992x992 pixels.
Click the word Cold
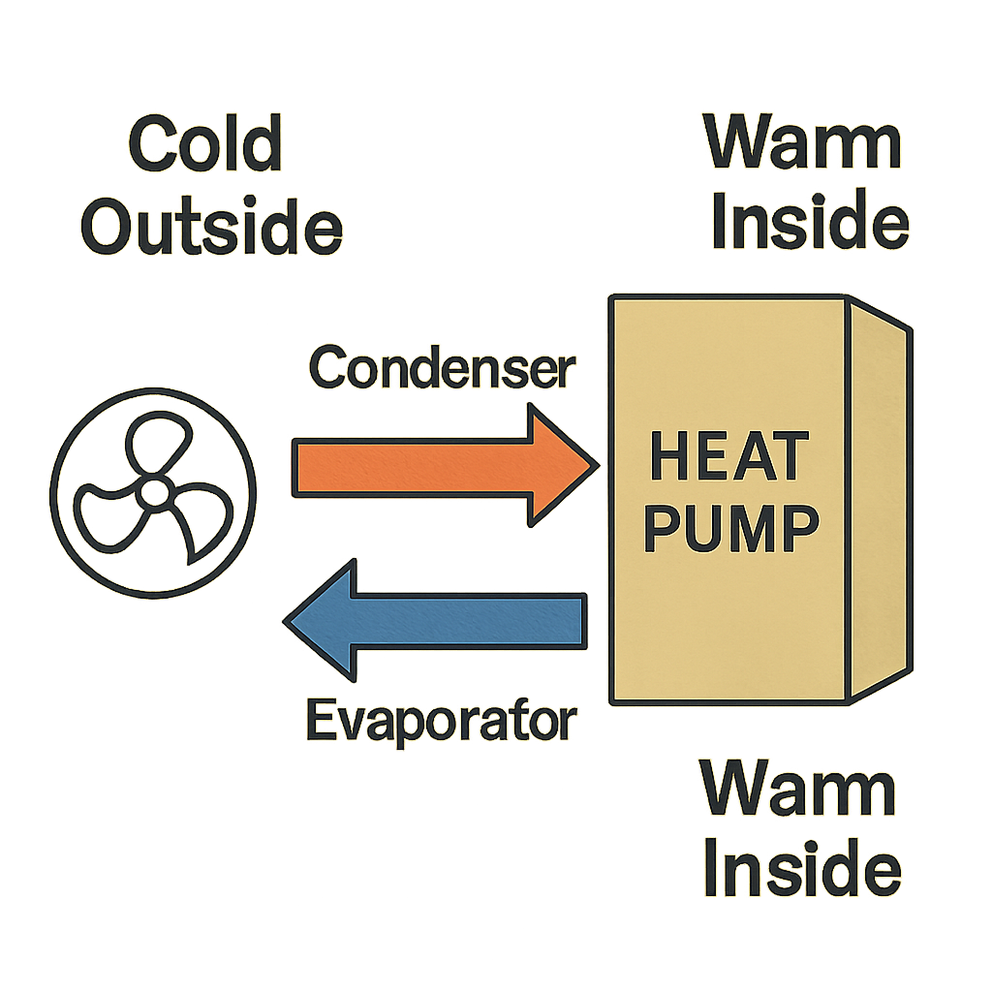click(x=204, y=146)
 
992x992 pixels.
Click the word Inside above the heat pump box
click(x=809, y=222)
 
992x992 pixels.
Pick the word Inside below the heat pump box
click(x=803, y=868)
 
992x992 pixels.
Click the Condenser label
click(x=442, y=368)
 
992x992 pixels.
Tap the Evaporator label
click(x=441, y=721)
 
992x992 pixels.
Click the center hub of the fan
click(x=152, y=493)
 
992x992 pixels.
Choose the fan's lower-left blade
click(x=107, y=518)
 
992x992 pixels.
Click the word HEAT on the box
click(x=729, y=455)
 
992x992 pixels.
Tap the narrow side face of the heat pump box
click(x=880, y=499)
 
